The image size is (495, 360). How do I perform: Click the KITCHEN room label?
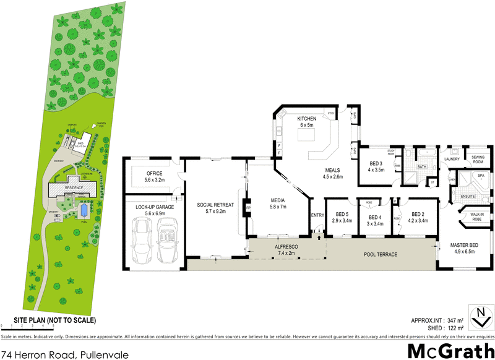[306, 118]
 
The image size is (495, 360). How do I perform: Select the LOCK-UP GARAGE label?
[150, 207]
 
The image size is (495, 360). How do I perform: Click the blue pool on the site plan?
[82, 211]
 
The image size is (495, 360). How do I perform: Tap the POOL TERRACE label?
[379, 254]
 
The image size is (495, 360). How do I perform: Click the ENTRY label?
[317, 215]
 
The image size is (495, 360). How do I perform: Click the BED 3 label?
[376, 164]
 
